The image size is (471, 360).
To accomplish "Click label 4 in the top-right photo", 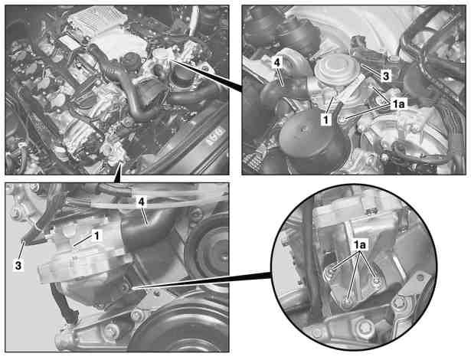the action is point(277,63).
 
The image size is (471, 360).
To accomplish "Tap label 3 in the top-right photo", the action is point(386,76).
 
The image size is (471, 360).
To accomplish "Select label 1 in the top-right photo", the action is point(326,119).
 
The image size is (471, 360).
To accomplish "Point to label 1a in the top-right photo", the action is point(398,104).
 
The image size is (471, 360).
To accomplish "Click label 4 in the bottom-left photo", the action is point(141,201).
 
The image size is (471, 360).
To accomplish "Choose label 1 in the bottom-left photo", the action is point(96,236).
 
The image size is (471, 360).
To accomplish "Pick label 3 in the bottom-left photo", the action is point(18,265).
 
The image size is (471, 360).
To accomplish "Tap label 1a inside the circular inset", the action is point(359,246).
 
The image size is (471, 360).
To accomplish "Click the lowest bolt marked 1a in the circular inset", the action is point(347,303).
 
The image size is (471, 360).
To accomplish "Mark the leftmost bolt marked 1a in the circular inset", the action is point(330,272).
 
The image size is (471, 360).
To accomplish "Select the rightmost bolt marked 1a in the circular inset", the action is point(376,280).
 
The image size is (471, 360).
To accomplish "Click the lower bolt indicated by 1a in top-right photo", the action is point(342,120).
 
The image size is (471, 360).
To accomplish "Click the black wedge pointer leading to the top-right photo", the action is point(208,76).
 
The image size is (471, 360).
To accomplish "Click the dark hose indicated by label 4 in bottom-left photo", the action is point(147,231).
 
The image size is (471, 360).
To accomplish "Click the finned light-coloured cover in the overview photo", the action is point(96,20).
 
